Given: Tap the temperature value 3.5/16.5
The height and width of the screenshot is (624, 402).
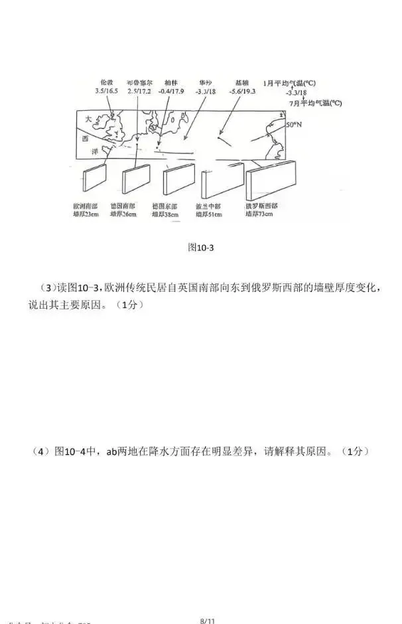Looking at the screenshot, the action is click(x=106, y=90).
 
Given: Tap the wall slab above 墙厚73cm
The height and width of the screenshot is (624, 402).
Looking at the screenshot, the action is click(x=263, y=180).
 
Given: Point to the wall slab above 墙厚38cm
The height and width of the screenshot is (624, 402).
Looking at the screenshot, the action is click(x=178, y=179).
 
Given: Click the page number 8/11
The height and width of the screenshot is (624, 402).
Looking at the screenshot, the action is click(x=208, y=620).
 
